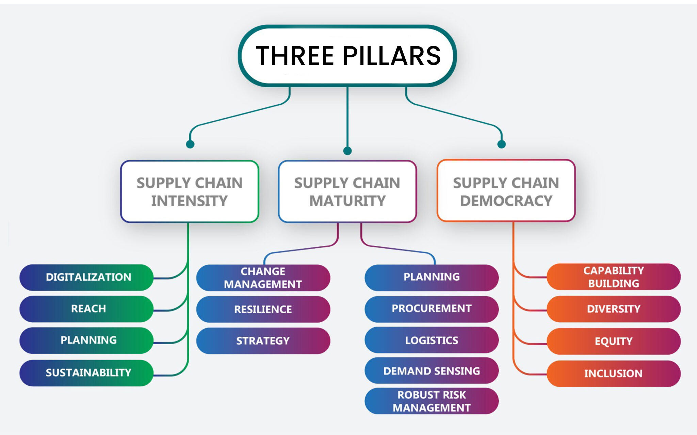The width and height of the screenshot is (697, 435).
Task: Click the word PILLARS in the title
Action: click(x=391, y=56)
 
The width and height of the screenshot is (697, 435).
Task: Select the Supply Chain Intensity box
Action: click(x=190, y=192)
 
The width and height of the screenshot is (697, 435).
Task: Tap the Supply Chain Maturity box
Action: click(x=347, y=192)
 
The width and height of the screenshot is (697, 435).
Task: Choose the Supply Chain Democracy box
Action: click(x=506, y=191)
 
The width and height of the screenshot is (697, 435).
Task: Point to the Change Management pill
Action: click(x=263, y=278)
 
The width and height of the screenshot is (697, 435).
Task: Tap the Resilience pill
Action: click(x=263, y=309)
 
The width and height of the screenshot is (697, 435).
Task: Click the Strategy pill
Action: click(x=263, y=341)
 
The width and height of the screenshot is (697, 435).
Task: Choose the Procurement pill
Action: click(x=432, y=309)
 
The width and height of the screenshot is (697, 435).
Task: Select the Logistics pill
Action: click(x=432, y=340)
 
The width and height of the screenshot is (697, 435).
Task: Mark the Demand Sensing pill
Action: click(x=432, y=371)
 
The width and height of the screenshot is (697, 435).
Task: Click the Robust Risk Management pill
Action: click(x=432, y=401)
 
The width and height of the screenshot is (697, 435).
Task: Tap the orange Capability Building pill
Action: click(x=614, y=277)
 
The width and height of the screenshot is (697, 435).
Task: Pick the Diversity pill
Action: click(x=614, y=309)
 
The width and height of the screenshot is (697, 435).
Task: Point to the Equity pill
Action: click(x=614, y=341)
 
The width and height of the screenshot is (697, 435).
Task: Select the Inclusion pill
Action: click(x=614, y=373)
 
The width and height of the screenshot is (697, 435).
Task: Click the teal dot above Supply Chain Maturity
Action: click(x=347, y=151)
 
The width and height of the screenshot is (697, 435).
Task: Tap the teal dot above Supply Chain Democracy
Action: click(x=502, y=144)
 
